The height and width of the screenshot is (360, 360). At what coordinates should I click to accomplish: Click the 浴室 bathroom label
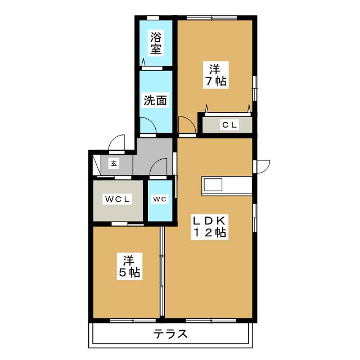point(156,43)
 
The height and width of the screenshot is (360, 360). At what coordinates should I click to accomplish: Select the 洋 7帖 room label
point(215,75)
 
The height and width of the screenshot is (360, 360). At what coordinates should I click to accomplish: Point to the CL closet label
point(228,125)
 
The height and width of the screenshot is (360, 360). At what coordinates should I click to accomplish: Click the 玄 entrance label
point(114,164)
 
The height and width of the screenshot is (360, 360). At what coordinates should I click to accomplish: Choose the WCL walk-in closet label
point(118,200)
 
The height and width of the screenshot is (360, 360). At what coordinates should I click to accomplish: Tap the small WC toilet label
point(159,200)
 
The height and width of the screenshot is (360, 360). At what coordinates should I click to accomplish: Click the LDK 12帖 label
point(210,226)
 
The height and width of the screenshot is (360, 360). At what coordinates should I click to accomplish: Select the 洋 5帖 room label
point(129,267)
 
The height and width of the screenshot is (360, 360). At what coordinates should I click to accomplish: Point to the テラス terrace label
point(170,334)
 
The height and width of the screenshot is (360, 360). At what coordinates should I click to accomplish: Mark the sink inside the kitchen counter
point(214,185)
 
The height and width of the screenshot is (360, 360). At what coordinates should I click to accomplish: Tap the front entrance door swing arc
point(116,144)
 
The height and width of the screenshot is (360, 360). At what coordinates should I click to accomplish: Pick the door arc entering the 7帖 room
point(185,123)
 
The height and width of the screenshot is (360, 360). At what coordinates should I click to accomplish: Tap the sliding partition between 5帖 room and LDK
point(163,273)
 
